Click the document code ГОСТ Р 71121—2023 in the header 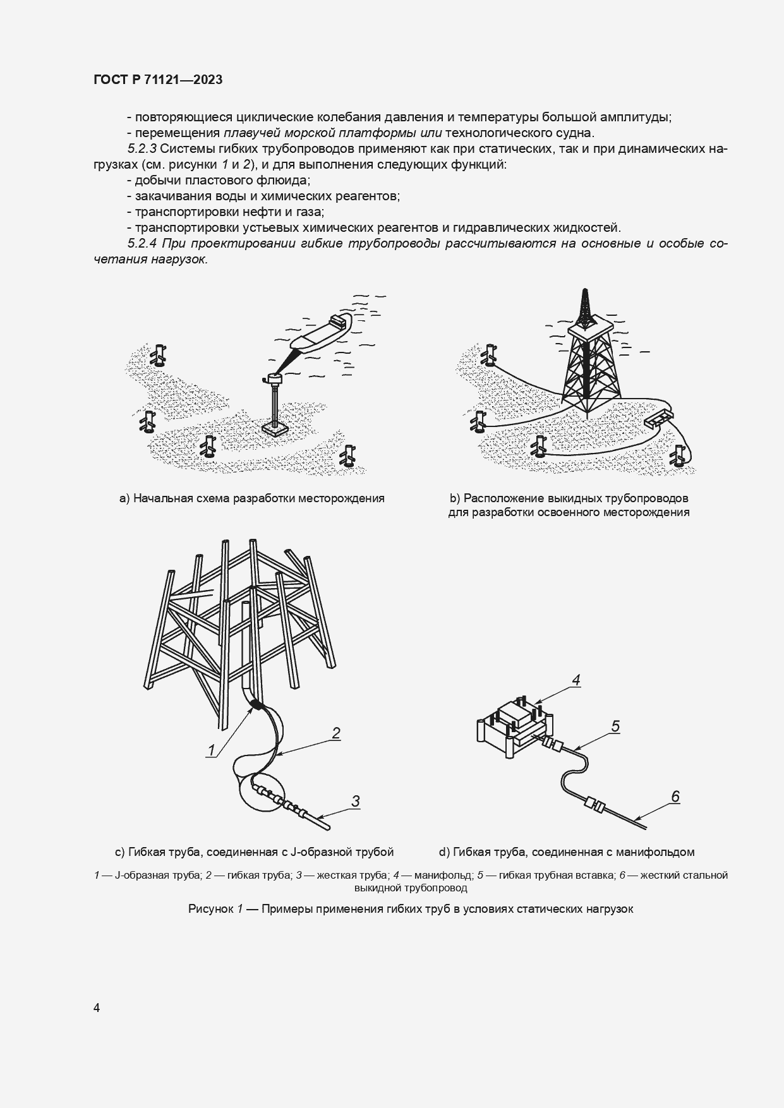[158, 80]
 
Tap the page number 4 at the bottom [97, 1008]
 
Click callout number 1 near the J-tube [211, 750]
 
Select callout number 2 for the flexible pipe [336, 733]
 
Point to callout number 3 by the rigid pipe [356, 801]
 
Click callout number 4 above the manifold [576, 680]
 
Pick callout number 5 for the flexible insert [615, 726]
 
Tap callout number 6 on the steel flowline [675, 797]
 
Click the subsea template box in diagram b [659, 418]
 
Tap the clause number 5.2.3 [142, 149]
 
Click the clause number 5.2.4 [142, 244]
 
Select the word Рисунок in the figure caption [211, 909]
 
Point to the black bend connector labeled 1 [256, 704]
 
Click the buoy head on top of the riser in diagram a [275, 378]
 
